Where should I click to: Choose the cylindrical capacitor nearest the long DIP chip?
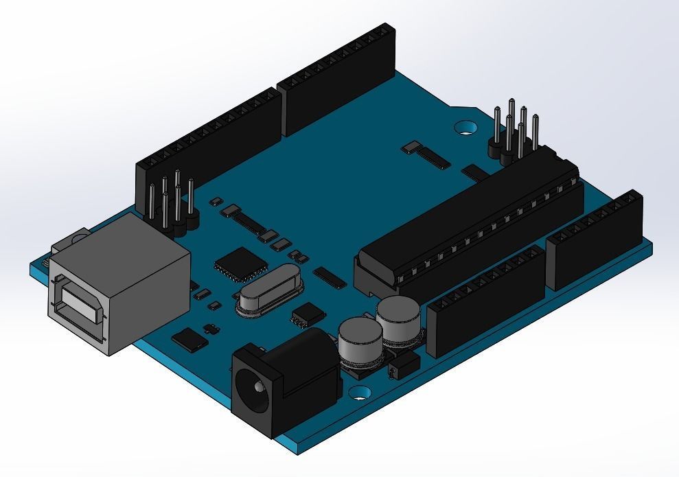point(398,319)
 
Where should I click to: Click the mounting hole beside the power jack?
point(358,394)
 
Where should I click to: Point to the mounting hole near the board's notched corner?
point(468,127)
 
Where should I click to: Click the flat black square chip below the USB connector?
point(189,338)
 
